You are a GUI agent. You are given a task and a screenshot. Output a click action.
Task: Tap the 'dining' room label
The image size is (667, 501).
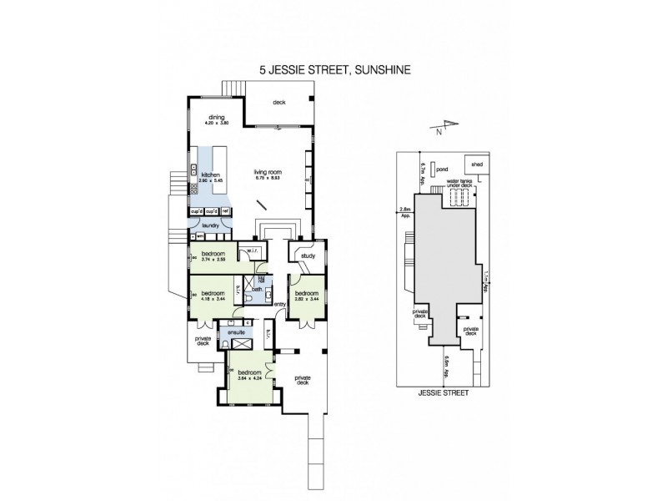point(217,118)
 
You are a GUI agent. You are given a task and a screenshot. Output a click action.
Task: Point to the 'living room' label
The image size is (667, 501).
point(268,173)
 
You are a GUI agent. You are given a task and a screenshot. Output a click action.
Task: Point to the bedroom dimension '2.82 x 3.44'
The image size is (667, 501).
point(306,299)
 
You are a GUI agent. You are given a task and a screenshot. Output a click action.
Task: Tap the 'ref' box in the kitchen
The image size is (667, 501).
point(225,211)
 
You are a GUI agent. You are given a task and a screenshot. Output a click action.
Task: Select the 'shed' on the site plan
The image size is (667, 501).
point(477,164)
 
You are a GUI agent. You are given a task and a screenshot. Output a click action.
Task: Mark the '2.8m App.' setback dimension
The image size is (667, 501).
point(406,211)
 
